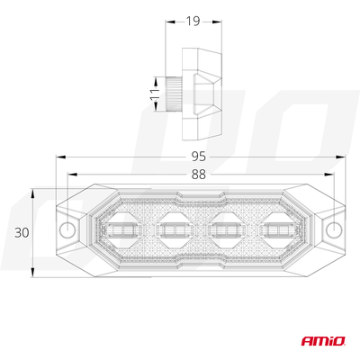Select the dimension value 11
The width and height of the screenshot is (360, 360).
154,92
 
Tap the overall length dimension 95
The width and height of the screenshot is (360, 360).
200,156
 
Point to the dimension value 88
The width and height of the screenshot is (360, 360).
200,175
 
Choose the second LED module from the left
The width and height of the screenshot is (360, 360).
173,232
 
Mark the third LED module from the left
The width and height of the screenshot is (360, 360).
225,232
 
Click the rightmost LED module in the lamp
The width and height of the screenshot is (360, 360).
278,232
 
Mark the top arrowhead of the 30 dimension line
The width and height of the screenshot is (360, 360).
34,191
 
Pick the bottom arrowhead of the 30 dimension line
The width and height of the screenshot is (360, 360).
34,274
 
